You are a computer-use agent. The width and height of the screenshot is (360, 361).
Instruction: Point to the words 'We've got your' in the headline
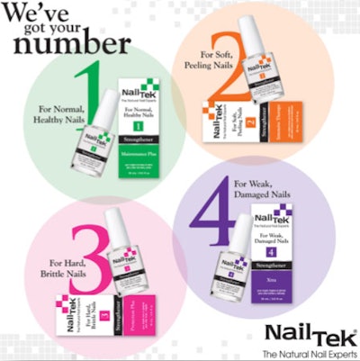point(50,17)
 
